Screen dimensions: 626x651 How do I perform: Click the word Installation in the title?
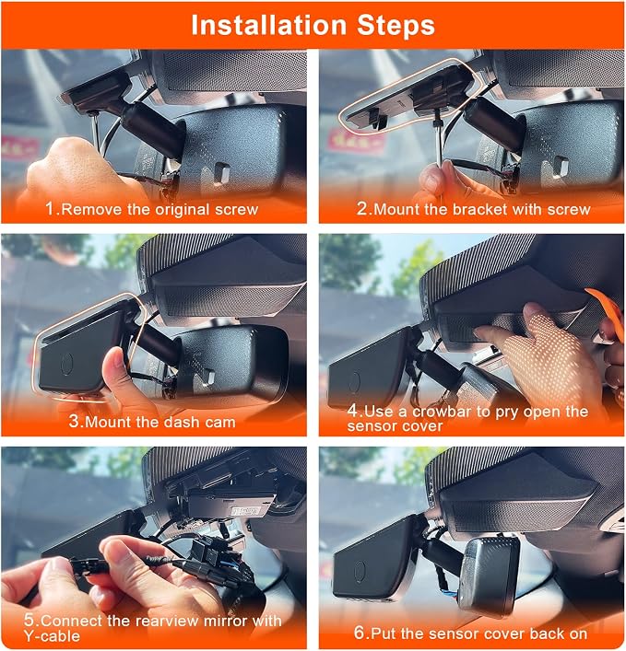[268, 26]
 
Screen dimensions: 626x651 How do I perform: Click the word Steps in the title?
[396, 26]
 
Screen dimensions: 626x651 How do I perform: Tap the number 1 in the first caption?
[50, 208]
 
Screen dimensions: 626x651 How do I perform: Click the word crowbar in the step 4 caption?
[442, 411]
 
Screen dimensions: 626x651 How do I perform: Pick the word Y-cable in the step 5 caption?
[52, 635]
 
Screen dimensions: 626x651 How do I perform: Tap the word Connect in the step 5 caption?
[71, 621]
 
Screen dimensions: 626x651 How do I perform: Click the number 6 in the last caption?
[359, 633]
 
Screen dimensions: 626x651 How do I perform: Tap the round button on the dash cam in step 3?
[67, 364]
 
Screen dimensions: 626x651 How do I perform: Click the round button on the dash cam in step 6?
[360, 571]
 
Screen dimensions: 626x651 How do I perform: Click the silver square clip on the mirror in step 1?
[221, 172]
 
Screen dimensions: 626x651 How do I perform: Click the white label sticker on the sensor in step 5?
[245, 511]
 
